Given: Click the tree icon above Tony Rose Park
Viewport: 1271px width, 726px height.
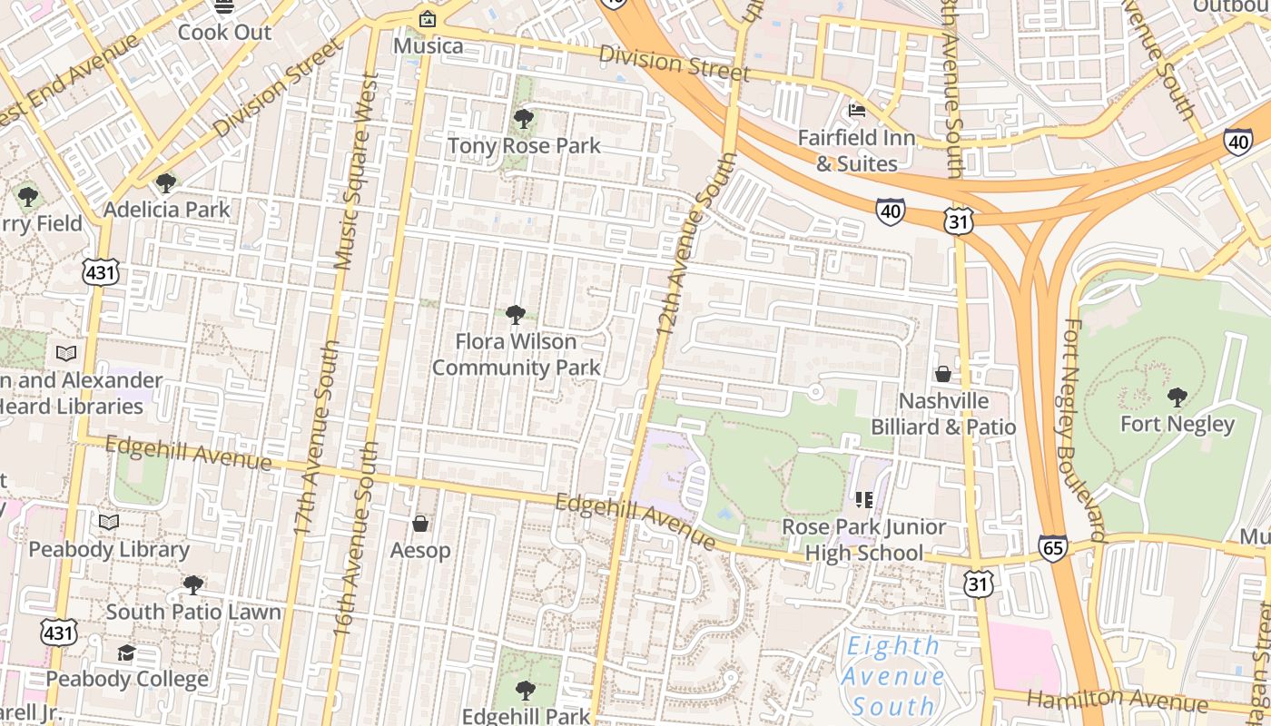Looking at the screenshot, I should coord(523,118).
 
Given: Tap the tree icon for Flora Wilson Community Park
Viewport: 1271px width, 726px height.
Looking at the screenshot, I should coord(516,315).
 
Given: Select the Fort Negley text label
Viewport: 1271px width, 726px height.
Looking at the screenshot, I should coord(1177,424).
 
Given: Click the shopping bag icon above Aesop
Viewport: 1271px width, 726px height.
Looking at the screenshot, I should coord(420,524).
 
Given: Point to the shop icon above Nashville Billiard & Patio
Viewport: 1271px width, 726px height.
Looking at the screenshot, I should coord(943,374).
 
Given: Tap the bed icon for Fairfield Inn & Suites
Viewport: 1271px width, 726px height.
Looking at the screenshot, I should coord(856,111).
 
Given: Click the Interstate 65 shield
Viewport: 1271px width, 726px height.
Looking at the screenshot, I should coord(1053,548).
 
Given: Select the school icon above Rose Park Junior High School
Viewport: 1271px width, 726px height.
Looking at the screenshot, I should coord(863,499).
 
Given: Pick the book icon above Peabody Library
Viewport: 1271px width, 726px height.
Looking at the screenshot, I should coord(109,522).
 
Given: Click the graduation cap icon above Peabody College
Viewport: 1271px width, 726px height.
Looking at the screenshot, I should coord(126,652).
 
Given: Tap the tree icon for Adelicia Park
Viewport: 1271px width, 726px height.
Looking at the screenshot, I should coord(165,183).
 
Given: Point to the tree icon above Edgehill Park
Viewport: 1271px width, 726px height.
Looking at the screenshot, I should coord(525,690).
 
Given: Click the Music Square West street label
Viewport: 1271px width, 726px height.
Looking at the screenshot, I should coord(355,172).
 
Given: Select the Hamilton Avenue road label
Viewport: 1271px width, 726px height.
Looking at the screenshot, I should coord(1118,700).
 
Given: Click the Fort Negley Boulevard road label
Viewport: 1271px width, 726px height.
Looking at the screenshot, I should coord(1084,430).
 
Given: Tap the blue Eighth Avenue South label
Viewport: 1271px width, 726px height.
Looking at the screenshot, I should coord(892,676).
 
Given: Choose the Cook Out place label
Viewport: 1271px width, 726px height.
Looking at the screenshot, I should coord(224,32).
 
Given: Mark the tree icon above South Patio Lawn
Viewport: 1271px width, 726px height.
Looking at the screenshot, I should coord(192,585).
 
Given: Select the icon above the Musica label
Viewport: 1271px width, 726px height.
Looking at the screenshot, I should coord(427,19).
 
